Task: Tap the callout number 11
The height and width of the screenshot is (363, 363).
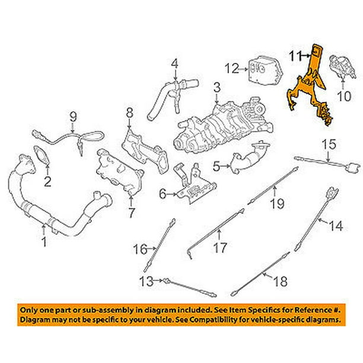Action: tap(295, 56)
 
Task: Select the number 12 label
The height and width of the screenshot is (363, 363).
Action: tap(232, 69)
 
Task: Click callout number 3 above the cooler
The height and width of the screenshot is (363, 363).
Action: tap(217, 88)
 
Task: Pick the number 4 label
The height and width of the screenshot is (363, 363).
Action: tap(175, 64)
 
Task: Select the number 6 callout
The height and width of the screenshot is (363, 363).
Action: tap(163, 194)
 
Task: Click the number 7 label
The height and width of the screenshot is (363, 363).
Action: tap(131, 213)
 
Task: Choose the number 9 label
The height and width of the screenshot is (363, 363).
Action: tap(73, 116)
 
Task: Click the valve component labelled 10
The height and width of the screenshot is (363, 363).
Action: tap(343, 67)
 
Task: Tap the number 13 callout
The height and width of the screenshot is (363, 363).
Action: tap(147, 282)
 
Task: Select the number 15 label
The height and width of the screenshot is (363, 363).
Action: tap(329, 144)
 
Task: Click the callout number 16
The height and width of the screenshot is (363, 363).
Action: tap(141, 249)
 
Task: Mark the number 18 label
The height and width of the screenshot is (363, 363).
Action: tap(281, 281)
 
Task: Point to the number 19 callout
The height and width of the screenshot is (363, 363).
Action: tap(278, 203)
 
